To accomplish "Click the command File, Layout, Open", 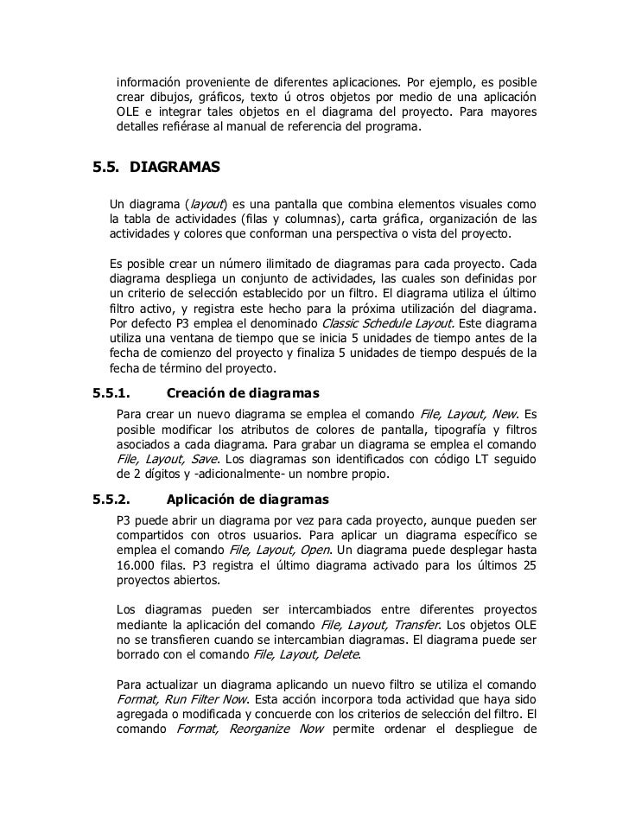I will point(280,550).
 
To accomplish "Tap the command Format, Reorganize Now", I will point(250,728).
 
